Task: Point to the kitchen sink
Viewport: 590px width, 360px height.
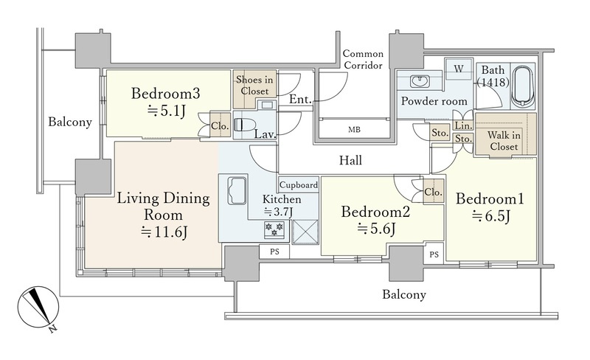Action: (x=237, y=190)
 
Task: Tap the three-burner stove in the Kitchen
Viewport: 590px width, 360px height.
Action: (x=274, y=229)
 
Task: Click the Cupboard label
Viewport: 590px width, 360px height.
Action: (x=299, y=185)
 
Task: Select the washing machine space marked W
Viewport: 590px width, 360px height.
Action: (x=458, y=69)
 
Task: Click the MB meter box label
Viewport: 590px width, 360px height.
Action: (x=354, y=130)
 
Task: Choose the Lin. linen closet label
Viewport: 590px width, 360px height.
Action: (x=462, y=125)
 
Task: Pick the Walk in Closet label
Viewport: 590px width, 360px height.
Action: (x=504, y=140)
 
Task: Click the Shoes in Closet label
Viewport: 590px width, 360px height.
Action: (x=254, y=86)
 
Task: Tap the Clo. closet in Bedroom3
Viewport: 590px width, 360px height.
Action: (x=220, y=125)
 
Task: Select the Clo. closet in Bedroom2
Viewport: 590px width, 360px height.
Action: (x=433, y=192)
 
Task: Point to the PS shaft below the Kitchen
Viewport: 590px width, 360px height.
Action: (x=274, y=252)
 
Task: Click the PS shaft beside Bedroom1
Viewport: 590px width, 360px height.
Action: (x=434, y=255)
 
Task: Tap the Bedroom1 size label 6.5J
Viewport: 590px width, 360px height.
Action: (x=491, y=216)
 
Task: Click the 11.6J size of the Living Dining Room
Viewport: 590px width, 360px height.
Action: (x=164, y=232)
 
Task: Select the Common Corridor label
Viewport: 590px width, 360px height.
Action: (x=363, y=60)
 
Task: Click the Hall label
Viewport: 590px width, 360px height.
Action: (x=350, y=160)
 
